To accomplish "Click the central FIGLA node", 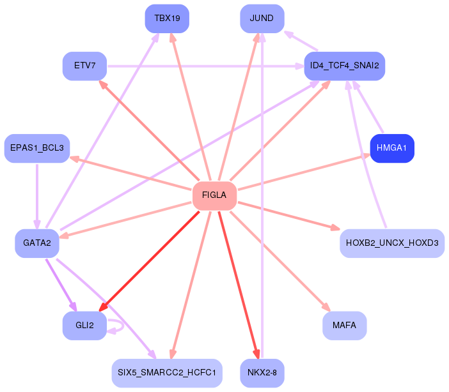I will (214, 195).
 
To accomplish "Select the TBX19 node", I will (167, 19).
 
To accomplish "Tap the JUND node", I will (262, 19).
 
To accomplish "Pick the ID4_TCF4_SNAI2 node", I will (344, 66).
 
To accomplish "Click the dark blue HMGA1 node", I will (392, 148).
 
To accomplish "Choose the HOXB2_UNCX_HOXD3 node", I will (391, 243).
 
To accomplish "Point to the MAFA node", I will (344, 326).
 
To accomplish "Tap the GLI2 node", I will (84, 326).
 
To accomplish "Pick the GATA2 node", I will (37, 243).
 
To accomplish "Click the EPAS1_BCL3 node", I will (37, 148).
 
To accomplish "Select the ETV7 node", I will (84, 66).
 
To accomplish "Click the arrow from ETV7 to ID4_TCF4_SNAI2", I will (205, 66).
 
